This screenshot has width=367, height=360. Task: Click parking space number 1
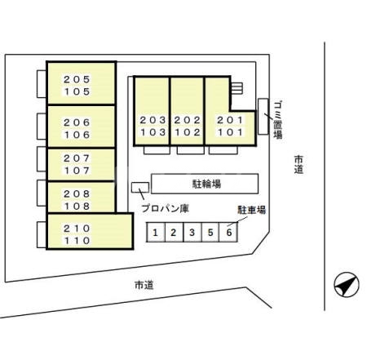click(156, 232)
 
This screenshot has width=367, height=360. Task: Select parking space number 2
click(175, 232)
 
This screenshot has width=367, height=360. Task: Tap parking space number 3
click(192, 232)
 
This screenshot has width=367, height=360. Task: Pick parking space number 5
click(210, 232)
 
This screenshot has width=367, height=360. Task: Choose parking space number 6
click(228, 232)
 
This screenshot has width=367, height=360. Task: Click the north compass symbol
click(347, 284)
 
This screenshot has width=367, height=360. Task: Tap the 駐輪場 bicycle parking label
click(206, 184)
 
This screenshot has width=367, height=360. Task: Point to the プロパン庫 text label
click(165, 208)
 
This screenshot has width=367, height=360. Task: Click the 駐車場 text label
click(251, 210)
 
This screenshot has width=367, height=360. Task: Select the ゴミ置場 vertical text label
click(277, 120)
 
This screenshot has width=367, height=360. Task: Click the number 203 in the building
click(153, 120)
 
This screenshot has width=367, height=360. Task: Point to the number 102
click(188, 132)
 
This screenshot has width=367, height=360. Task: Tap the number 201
click(230, 120)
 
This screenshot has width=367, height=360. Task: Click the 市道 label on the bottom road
click(144, 285)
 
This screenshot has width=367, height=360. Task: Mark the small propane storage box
click(140, 188)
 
